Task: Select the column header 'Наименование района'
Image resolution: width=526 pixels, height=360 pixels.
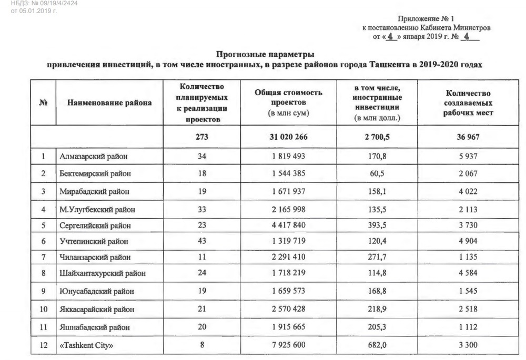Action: (109, 103)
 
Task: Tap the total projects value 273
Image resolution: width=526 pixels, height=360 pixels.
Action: (201, 137)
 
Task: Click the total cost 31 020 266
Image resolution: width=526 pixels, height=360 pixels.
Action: (289, 137)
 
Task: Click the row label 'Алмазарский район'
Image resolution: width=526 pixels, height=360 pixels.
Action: (93, 156)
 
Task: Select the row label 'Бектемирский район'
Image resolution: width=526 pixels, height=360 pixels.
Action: (95, 173)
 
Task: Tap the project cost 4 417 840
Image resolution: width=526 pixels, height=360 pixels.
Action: (289, 225)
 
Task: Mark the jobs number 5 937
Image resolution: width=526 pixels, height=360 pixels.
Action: (468, 156)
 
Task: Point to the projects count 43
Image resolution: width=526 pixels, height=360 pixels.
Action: (201, 241)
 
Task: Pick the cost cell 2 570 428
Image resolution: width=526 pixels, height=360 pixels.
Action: (289, 309)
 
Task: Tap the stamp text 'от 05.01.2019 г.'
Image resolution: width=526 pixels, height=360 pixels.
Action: (34, 11)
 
